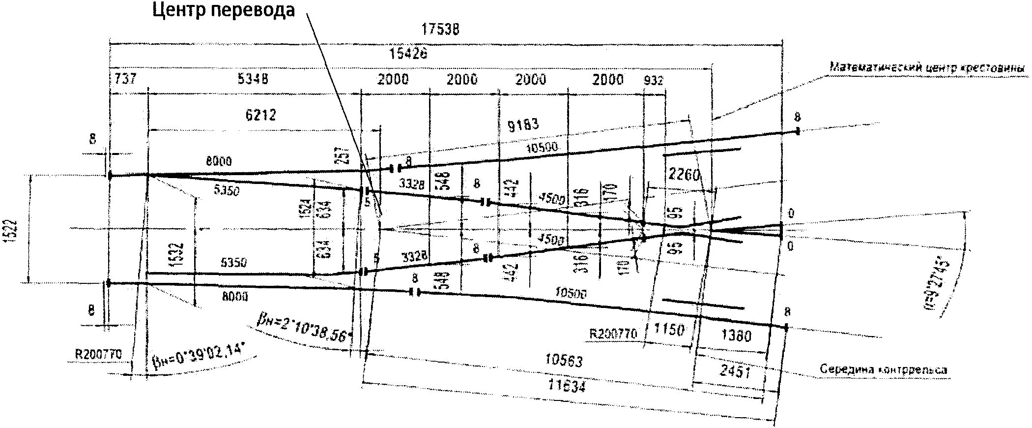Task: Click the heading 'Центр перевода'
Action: click(x=224, y=10)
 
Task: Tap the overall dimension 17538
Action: click(x=440, y=30)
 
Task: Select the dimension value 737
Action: click(x=125, y=79)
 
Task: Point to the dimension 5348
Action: click(x=253, y=79)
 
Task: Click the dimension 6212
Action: click(x=260, y=115)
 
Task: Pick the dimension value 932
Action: click(x=653, y=80)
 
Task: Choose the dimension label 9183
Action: click(x=523, y=124)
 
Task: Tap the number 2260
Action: click(x=684, y=175)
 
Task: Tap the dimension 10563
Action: click(x=564, y=361)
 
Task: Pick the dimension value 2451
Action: click(x=735, y=371)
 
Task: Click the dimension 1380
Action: click(x=736, y=336)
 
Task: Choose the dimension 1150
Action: click(x=669, y=329)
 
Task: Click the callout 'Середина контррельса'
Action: click(x=883, y=369)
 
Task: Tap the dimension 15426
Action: click(x=408, y=54)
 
